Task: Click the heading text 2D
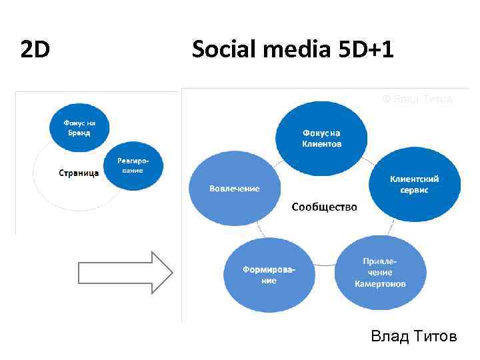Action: point(35,49)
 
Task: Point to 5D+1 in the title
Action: point(363,49)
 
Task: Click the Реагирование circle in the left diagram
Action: point(133,165)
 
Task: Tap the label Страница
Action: point(79,173)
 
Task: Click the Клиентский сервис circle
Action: point(414,185)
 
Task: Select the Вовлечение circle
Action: point(234,189)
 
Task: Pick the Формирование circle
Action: point(268,275)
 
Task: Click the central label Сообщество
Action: point(325,207)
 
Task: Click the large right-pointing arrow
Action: point(125,272)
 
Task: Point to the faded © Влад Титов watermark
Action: point(417,99)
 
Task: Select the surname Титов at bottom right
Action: point(436,337)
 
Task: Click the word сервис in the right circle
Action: point(414,191)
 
